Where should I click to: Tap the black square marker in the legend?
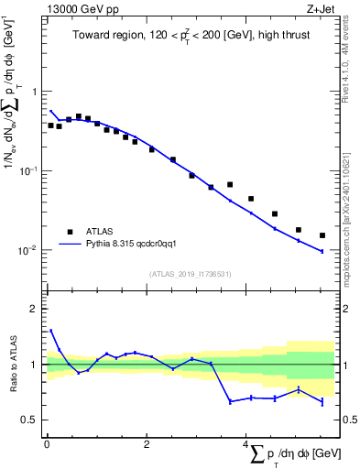tap(70, 232)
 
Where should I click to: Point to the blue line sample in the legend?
tap(70, 245)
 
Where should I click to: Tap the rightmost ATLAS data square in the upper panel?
tap(322, 235)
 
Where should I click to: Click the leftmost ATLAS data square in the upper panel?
tap(50, 125)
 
